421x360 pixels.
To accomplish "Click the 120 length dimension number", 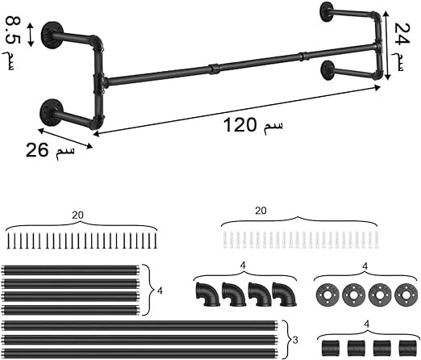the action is click(240, 125).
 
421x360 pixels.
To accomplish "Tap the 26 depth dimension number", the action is click(37, 150).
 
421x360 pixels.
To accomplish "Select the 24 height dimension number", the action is click(402, 33).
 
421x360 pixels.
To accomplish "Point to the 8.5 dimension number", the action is click(12, 30).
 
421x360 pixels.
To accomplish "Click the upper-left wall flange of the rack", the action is click(52, 35).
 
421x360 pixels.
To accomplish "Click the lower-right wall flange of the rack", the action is click(327, 70).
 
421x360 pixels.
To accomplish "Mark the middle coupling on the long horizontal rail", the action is click(215, 69).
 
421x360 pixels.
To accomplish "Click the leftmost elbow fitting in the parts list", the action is click(208, 295).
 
